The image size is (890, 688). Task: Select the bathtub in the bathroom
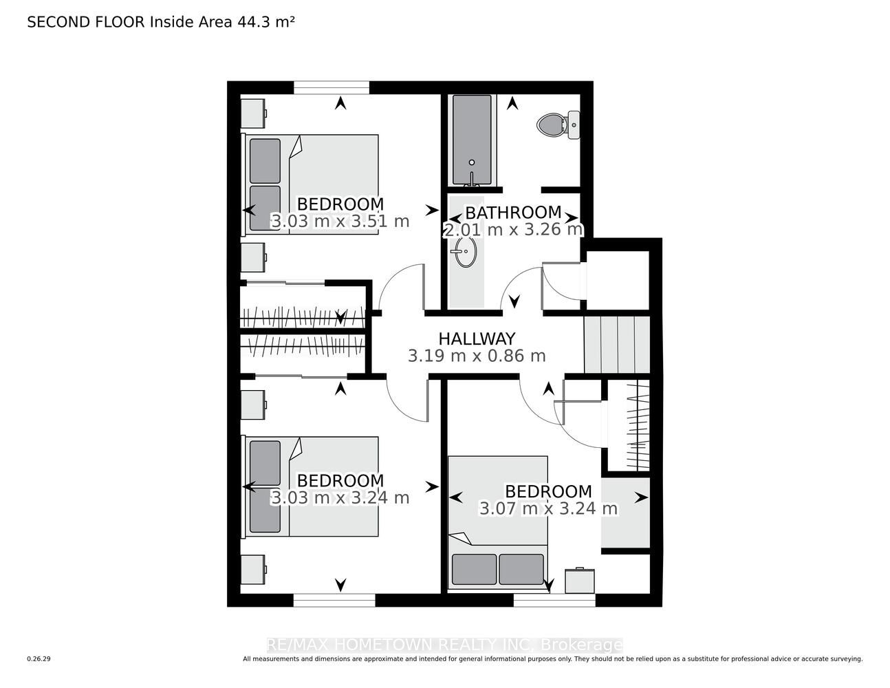(472, 140)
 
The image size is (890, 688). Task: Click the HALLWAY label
(477, 338)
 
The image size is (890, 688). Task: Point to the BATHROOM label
(513, 213)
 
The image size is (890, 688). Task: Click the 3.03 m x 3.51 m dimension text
(340, 222)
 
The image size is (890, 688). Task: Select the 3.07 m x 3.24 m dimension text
(548, 508)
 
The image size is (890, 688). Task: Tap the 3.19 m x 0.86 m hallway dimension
(477, 356)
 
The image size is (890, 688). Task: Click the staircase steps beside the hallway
(616, 344)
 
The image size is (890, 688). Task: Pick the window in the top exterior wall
(332, 87)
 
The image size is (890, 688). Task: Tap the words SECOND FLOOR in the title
(86, 22)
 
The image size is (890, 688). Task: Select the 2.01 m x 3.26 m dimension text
(513, 230)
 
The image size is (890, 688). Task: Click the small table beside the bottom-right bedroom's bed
(580, 580)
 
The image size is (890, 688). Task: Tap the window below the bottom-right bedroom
(554, 601)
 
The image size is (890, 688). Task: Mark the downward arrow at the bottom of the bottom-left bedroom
(340, 585)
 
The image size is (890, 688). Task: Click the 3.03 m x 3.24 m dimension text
(340, 498)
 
